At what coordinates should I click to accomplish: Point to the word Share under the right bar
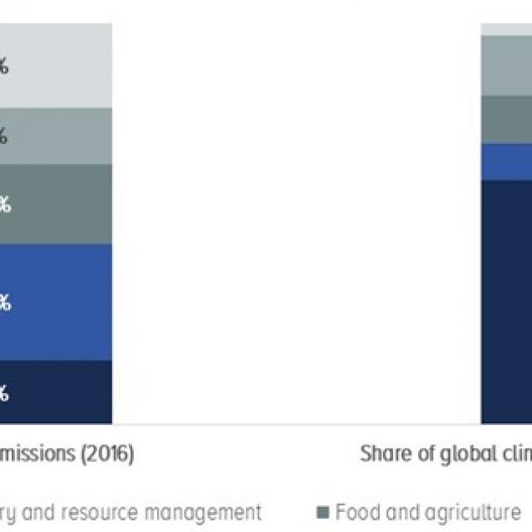[384, 455]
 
